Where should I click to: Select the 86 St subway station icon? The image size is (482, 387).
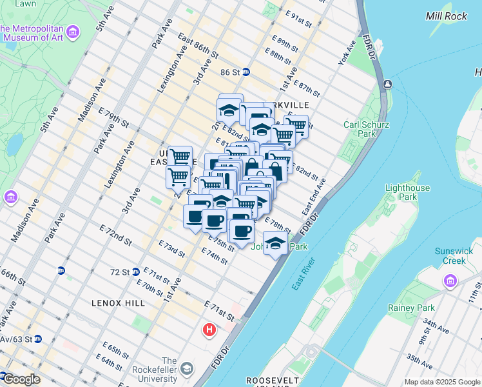coord(246,72)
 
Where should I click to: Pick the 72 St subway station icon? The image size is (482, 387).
coord(136,272)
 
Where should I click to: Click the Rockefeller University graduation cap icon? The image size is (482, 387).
coord(187,369)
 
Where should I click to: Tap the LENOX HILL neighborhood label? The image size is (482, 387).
coord(118,302)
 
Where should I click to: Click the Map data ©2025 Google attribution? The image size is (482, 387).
coord(442,382)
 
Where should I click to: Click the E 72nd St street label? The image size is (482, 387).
coord(115,235)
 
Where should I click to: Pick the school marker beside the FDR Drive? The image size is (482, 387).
coord(275,244)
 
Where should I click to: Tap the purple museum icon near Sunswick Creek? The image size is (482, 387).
coord(449,281)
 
